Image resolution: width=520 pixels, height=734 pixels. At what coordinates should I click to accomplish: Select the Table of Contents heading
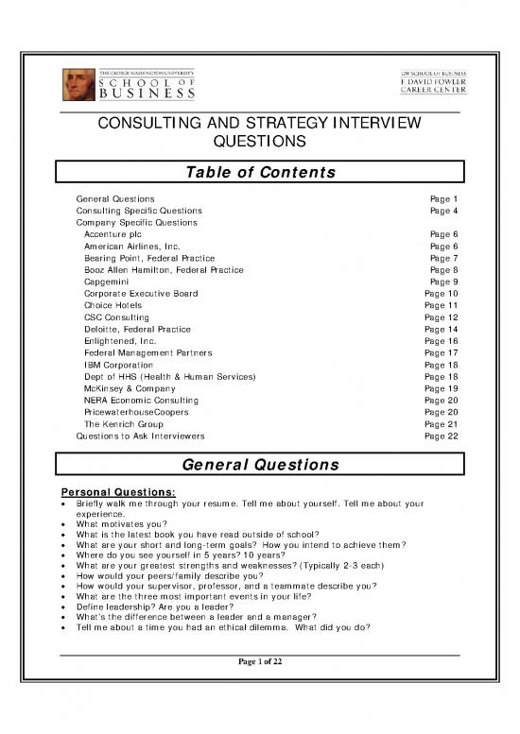[x=260, y=172]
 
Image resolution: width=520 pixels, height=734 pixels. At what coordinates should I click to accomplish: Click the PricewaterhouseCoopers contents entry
[x=136, y=412]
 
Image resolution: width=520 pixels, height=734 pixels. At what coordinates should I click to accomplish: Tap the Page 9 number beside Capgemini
[x=443, y=282]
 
